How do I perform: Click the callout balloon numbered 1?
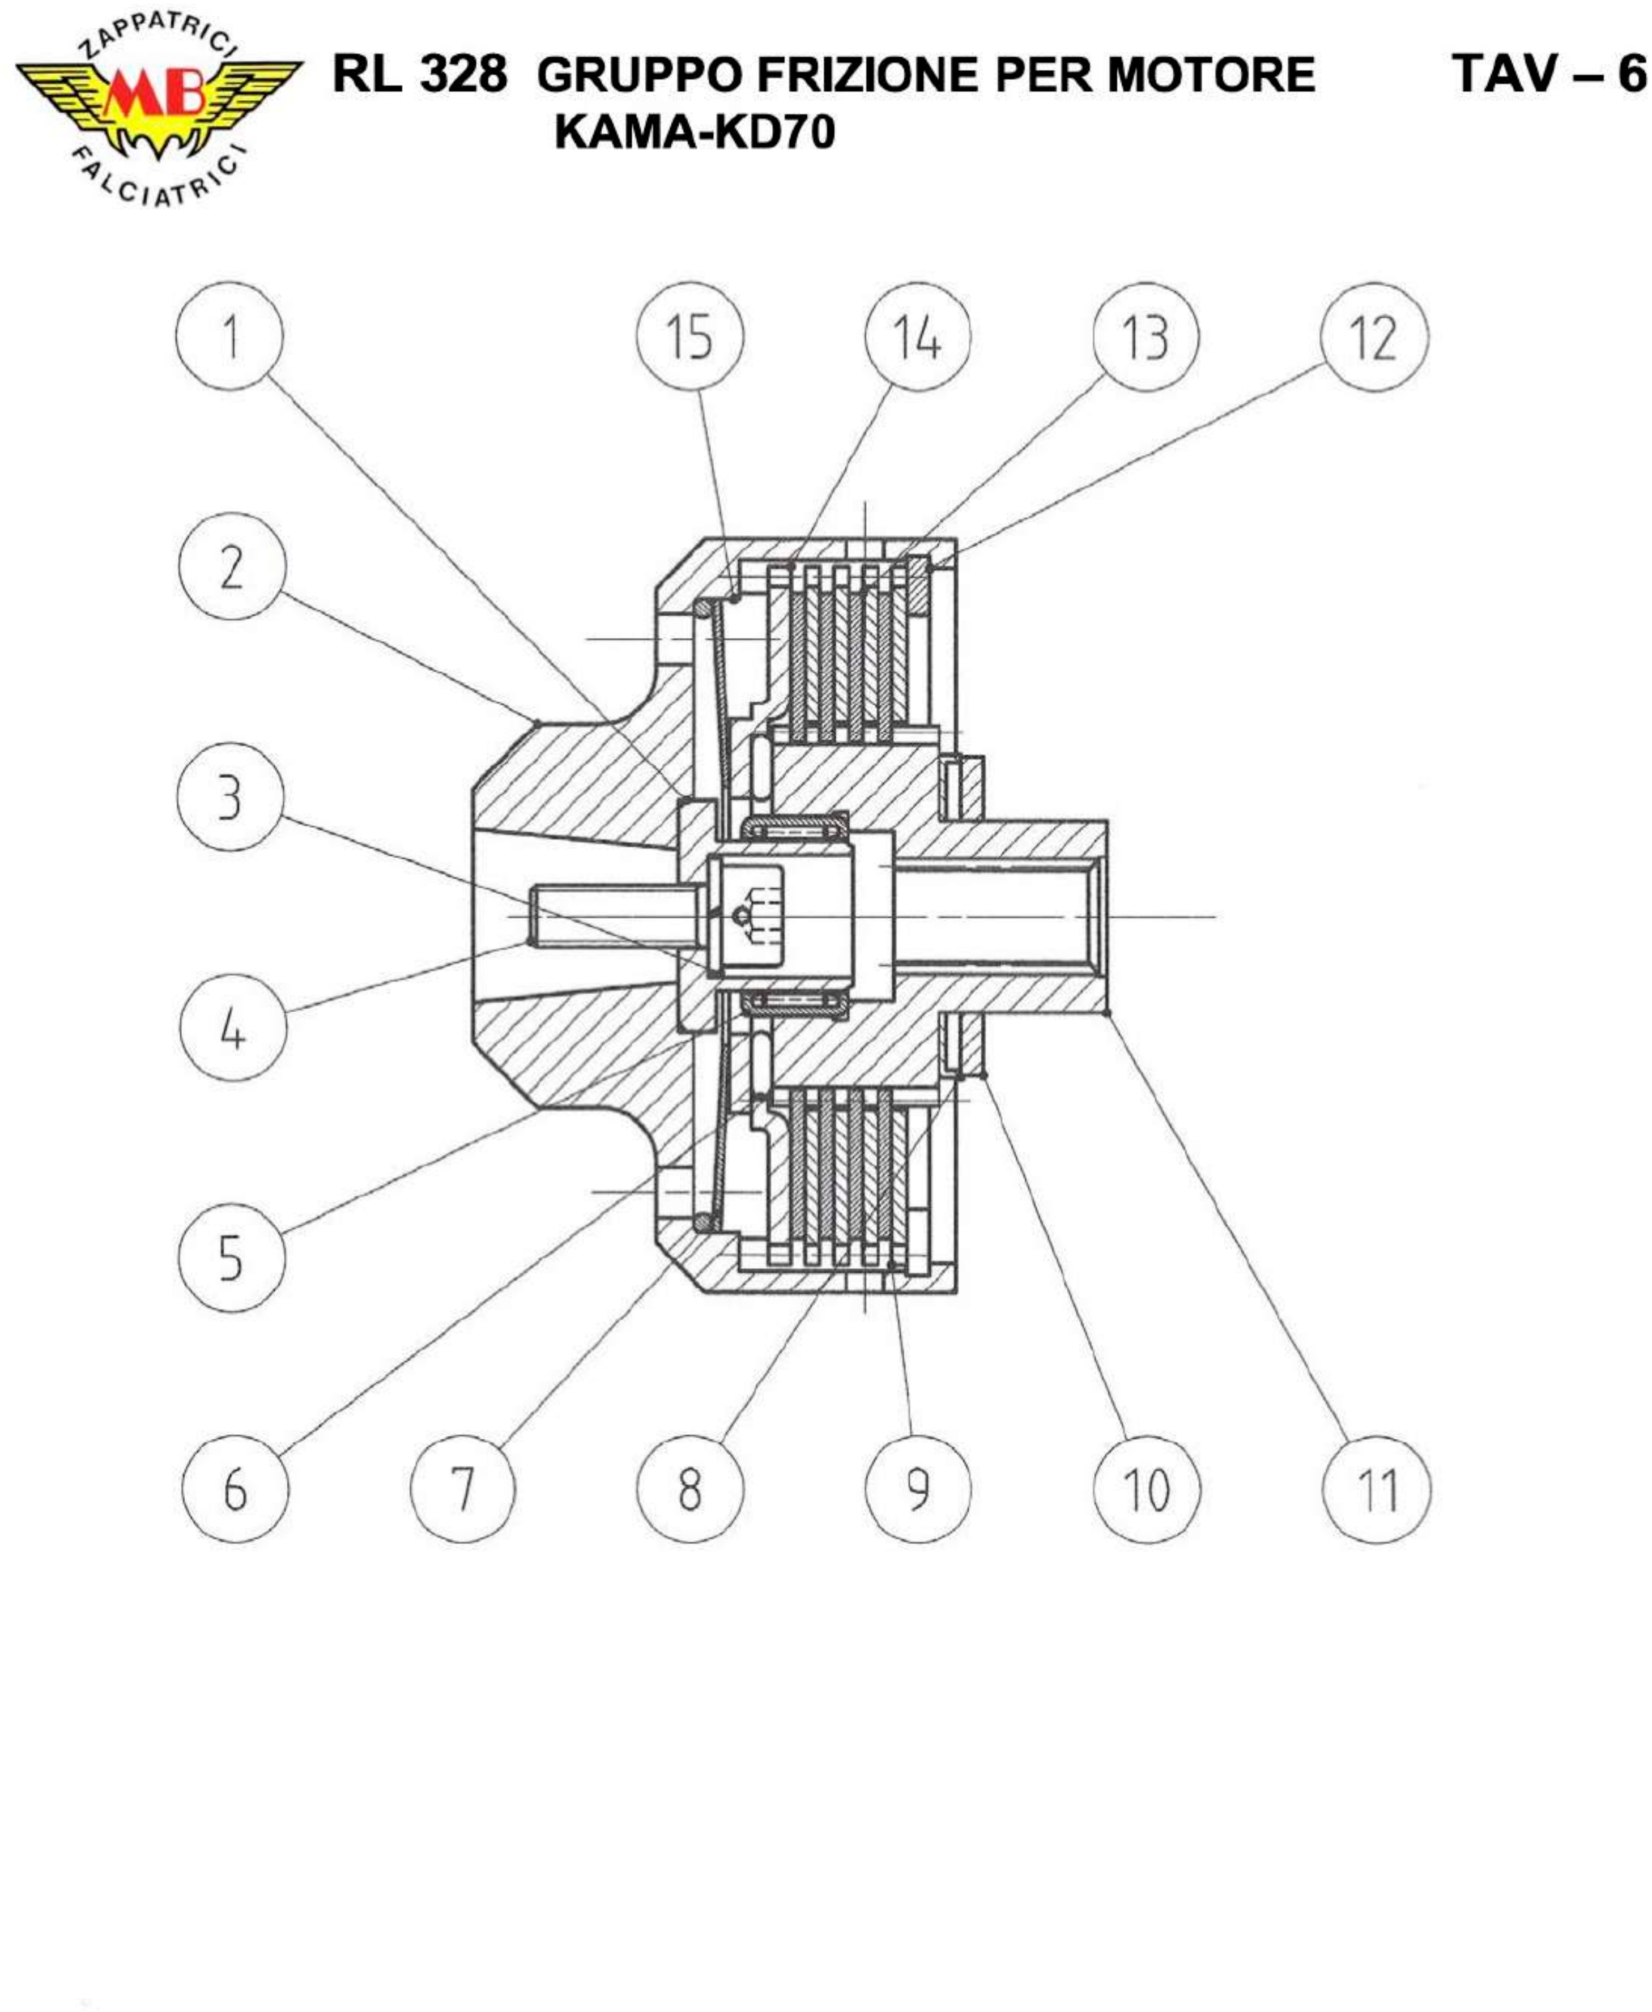tap(229, 337)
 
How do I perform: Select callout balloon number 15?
tap(690, 337)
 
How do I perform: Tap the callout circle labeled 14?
tap(917, 337)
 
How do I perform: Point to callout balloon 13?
tap(1146, 337)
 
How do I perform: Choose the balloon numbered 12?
tap(1374, 337)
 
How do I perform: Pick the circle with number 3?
tap(230, 797)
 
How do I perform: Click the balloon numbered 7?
tap(462, 1489)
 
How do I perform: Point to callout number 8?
tap(690, 1489)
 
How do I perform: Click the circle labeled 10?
tap(1147, 1489)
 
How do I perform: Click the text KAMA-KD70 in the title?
tap(695, 132)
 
